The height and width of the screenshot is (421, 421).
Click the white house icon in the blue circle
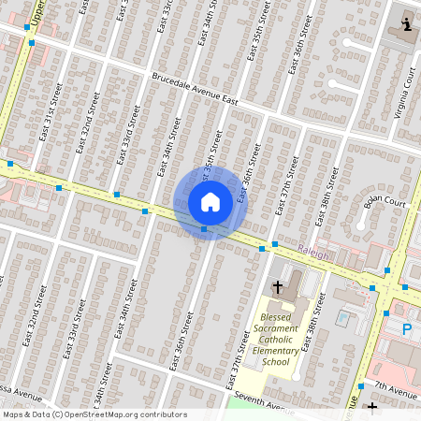tap(210, 201)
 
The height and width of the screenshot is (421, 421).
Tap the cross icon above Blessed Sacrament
tap(277, 285)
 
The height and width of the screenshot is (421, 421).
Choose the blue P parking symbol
tap(407, 328)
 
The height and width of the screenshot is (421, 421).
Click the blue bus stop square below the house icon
tap(204, 228)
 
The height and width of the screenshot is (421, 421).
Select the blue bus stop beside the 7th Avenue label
tap(361, 385)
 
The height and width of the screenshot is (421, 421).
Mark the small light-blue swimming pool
tap(342, 318)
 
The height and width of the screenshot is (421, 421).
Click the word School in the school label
tap(276, 362)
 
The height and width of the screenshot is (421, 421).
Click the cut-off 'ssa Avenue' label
tap(19, 393)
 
